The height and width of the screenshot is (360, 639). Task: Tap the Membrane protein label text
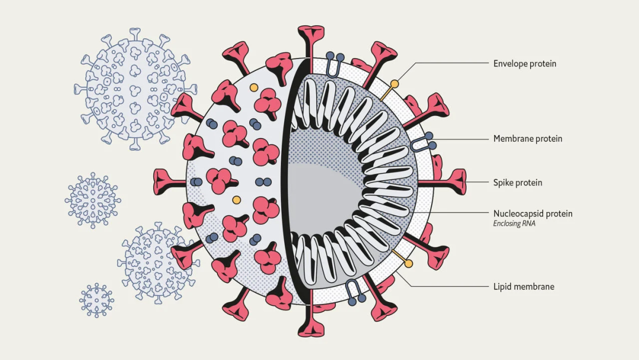point(528,139)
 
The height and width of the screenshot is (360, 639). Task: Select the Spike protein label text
point(518,182)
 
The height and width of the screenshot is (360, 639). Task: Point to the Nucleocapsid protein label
point(532,214)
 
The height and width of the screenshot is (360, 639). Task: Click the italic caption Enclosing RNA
point(514,224)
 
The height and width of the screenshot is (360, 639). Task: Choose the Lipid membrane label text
point(524,287)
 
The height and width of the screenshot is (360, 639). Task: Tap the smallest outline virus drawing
point(96,300)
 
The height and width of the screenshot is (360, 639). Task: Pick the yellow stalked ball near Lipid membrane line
point(408,263)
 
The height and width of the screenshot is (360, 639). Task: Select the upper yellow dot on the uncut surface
point(254,88)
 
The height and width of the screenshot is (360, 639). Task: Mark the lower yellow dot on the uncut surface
point(237,200)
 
